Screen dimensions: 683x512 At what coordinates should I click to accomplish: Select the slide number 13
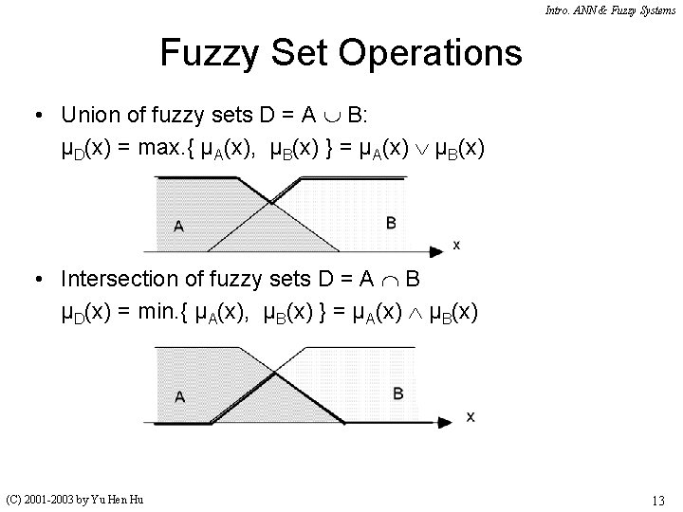point(657,499)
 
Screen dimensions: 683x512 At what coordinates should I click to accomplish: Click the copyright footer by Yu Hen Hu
point(75,499)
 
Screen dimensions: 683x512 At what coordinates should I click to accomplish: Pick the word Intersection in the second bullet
point(120,279)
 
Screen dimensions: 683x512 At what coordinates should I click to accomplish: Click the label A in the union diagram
point(178,226)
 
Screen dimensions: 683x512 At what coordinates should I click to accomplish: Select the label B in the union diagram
point(391,224)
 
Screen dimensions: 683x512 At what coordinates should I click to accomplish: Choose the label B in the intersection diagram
point(397,393)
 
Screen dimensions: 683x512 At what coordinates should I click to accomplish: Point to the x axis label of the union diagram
point(456,245)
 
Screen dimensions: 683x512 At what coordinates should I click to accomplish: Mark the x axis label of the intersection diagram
point(471,416)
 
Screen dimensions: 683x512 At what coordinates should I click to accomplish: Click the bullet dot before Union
point(34,117)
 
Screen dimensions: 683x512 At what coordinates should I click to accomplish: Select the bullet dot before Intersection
point(34,280)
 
